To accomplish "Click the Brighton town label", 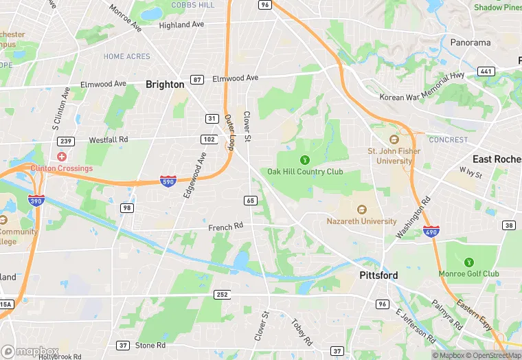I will pyautogui.click(x=165, y=85).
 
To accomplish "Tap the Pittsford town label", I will pyautogui.click(x=378, y=275).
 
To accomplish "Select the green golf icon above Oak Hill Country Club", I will pyautogui.click(x=305, y=159).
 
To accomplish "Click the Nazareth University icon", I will pyautogui.click(x=362, y=210).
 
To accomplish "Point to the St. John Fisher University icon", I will pyautogui.click(x=394, y=140).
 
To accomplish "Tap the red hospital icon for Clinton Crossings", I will pyautogui.click(x=62, y=157).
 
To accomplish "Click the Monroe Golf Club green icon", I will pyautogui.click(x=469, y=262).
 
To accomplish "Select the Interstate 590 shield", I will pyautogui.click(x=168, y=181).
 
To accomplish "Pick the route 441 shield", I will pyautogui.click(x=486, y=71).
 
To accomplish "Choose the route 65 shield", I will pyautogui.click(x=250, y=200).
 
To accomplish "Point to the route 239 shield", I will pyautogui.click(x=67, y=142).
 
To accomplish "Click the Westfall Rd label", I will pyautogui.click(x=109, y=139).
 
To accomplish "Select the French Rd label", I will pyautogui.click(x=226, y=226).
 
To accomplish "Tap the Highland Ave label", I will pyautogui.click(x=181, y=25).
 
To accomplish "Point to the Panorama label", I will pyautogui.click(x=470, y=43).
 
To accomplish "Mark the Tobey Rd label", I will pyautogui.click(x=302, y=331).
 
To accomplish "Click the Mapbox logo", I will pyautogui.click(x=30, y=351).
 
